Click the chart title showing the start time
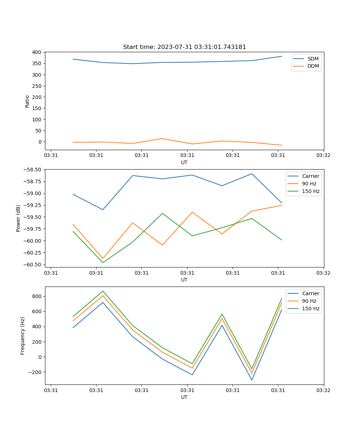coord(184,47)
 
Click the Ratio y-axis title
coord(27,101)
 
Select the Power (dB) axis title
coord(18,218)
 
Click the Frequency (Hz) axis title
coord(23,336)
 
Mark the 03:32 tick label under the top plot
coord(323,156)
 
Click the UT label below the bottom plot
coord(184,397)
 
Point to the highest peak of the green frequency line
coord(103,291)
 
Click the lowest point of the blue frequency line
coord(252,380)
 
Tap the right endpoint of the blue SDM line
coord(282,56)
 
